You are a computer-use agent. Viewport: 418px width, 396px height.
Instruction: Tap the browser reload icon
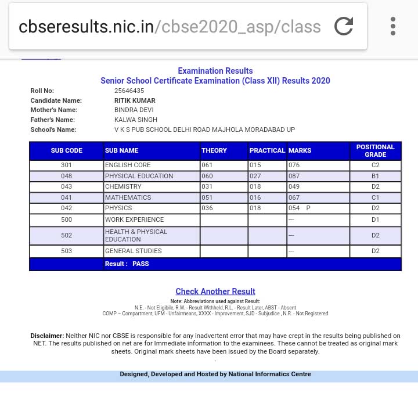click(344, 26)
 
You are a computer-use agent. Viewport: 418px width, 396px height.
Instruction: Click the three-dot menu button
click(393, 26)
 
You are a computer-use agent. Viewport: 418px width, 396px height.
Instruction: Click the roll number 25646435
click(129, 91)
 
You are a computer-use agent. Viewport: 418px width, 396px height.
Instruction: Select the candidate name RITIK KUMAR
click(135, 100)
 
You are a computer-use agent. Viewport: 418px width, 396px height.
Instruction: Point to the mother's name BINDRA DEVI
click(133, 110)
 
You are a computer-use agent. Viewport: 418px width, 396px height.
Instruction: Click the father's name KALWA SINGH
click(136, 120)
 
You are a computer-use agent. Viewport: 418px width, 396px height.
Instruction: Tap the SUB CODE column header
click(66, 150)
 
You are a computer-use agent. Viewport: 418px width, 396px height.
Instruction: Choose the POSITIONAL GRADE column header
click(375, 150)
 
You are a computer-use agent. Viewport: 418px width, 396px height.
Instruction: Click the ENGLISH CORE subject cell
click(128, 165)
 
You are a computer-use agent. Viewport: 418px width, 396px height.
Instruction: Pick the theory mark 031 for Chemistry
click(207, 186)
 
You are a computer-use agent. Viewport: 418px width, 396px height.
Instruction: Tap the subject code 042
click(66, 208)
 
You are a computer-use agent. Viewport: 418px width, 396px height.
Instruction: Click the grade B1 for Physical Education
click(375, 176)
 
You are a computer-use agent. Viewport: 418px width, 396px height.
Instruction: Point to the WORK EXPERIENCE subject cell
click(134, 219)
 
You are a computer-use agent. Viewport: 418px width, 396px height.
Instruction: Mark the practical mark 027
click(255, 176)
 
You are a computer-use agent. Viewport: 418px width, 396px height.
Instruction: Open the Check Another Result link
click(215, 291)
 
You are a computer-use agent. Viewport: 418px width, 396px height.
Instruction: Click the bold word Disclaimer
click(47, 336)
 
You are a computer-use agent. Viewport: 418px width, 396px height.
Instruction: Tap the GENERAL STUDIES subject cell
click(133, 251)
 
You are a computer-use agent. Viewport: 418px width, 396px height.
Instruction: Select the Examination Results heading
click(215, 71)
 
